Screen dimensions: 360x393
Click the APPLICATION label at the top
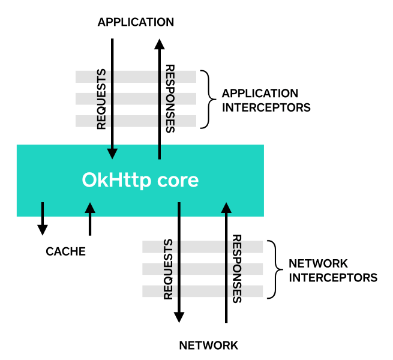[x=136, y=22]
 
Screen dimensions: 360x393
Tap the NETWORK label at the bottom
[x=209, y=345]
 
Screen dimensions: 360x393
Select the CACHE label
[x=66, y=251]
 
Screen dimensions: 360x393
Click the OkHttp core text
[x=140, y=180]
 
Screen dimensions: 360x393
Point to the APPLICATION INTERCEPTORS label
[x=260, y=101]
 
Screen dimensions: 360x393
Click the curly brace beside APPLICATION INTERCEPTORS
[x=207, y=99]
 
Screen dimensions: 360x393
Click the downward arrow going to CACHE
[x=43, y=218]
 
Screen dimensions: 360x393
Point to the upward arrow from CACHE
[x=90, y=218]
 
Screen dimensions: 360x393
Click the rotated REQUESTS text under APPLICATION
[x=101, y=99]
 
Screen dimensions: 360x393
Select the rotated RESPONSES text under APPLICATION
[x=170, y=99]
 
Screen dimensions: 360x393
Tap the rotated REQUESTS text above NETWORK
[x=168, y=269]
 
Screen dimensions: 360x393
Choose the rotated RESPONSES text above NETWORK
[x=236, y=268]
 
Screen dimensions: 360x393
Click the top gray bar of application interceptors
[x=136, y=77]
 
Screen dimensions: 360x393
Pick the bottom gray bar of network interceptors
[x=203, y=291]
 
